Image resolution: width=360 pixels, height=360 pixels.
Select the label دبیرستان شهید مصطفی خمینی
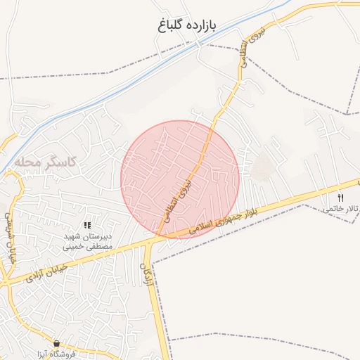(86, 241)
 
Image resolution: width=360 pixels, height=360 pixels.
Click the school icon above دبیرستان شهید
(87, 225)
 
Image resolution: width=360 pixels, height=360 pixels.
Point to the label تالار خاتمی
(342, 209)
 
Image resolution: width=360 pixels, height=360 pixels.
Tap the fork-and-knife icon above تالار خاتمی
(341, 198)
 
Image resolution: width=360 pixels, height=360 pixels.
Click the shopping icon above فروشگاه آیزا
(57, 344)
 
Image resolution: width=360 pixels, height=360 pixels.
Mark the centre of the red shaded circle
(180, 179)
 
